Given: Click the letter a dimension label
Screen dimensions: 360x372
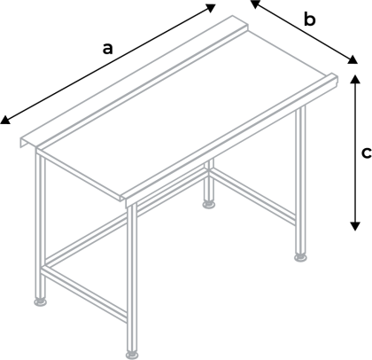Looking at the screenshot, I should [x=107, y=49].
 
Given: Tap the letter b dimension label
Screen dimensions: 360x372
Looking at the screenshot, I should [x=309, y=20].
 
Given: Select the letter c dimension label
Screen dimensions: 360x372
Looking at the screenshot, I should [x=366, y=152].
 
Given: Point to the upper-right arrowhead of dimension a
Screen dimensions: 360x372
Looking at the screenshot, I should [x=212, y=6].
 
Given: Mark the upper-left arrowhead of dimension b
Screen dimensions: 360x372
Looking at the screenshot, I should [x=254, y=4].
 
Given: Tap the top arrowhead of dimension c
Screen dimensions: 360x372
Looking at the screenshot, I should [x=354, y=78].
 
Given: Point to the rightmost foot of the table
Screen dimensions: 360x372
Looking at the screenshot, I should [x=302, y=258].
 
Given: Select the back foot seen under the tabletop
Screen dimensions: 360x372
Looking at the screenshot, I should [x=209, y=205].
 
